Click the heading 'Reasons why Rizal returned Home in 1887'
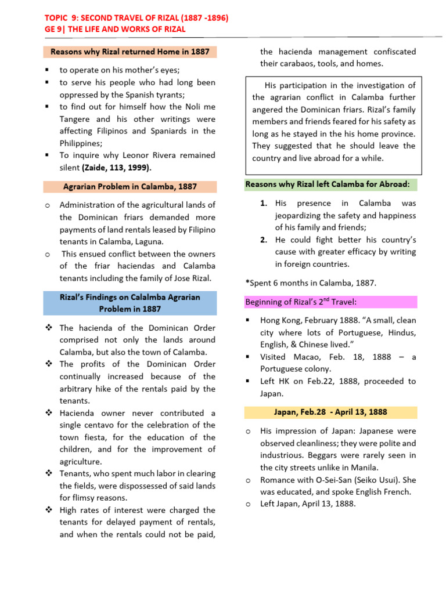pos(130,52)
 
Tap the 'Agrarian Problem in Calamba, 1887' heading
pos(130,187)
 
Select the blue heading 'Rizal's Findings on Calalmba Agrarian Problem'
pos(130,303)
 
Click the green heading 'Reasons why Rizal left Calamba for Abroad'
pos(328,184)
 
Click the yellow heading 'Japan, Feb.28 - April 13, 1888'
pos(330,412)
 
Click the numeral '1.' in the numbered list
pos(264,204)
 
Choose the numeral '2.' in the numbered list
pos(264,240)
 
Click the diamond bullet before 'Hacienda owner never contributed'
pos(49,413)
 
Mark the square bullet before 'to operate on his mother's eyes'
pos(49,70)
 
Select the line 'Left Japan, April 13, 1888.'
pos(308,504)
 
